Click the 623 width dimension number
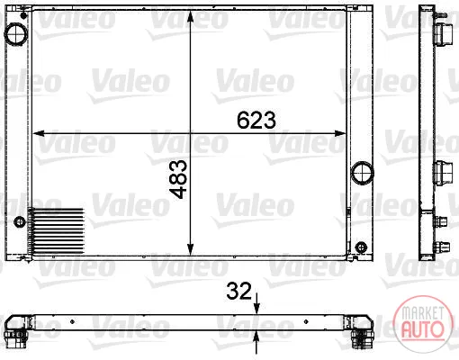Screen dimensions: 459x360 tap(256, 120)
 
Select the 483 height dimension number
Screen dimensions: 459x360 tap(178, 179)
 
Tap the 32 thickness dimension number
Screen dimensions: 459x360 tap(238, 291)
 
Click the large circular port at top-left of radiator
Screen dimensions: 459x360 tap(16, 34)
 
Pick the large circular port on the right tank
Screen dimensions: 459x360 tap(363, 173)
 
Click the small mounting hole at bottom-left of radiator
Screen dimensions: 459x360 tap(20, 222)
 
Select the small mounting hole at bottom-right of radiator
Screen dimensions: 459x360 tap(361, 247)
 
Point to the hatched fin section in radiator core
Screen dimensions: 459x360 tap(56, 231)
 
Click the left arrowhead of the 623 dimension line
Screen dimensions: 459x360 tap(38, 133)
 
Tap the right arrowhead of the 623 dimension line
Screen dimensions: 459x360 tap(340, 133)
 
